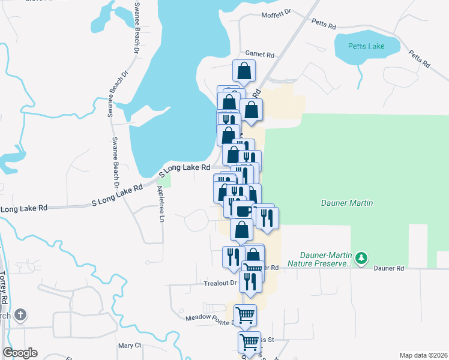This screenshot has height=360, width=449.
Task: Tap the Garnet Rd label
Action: tap(260, 53)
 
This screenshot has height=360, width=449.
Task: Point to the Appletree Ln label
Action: tap(160, 204)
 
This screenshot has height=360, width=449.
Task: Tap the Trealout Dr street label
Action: tap(221, 283)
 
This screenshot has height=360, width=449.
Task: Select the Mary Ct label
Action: tap(129, 346)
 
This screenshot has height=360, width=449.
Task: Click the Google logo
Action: tap(20, 353)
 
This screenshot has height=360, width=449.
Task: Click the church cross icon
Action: tap(20, 314)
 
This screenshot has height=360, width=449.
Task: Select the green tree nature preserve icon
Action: tap(361, 259)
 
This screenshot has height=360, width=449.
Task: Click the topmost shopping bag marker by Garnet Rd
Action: tap(244, 71)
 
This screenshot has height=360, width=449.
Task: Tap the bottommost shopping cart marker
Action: tap(249, 343)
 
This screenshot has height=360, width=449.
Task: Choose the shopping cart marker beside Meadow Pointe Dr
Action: tap(245, 315)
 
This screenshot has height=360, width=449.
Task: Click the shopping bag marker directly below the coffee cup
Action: tap(241, 230)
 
